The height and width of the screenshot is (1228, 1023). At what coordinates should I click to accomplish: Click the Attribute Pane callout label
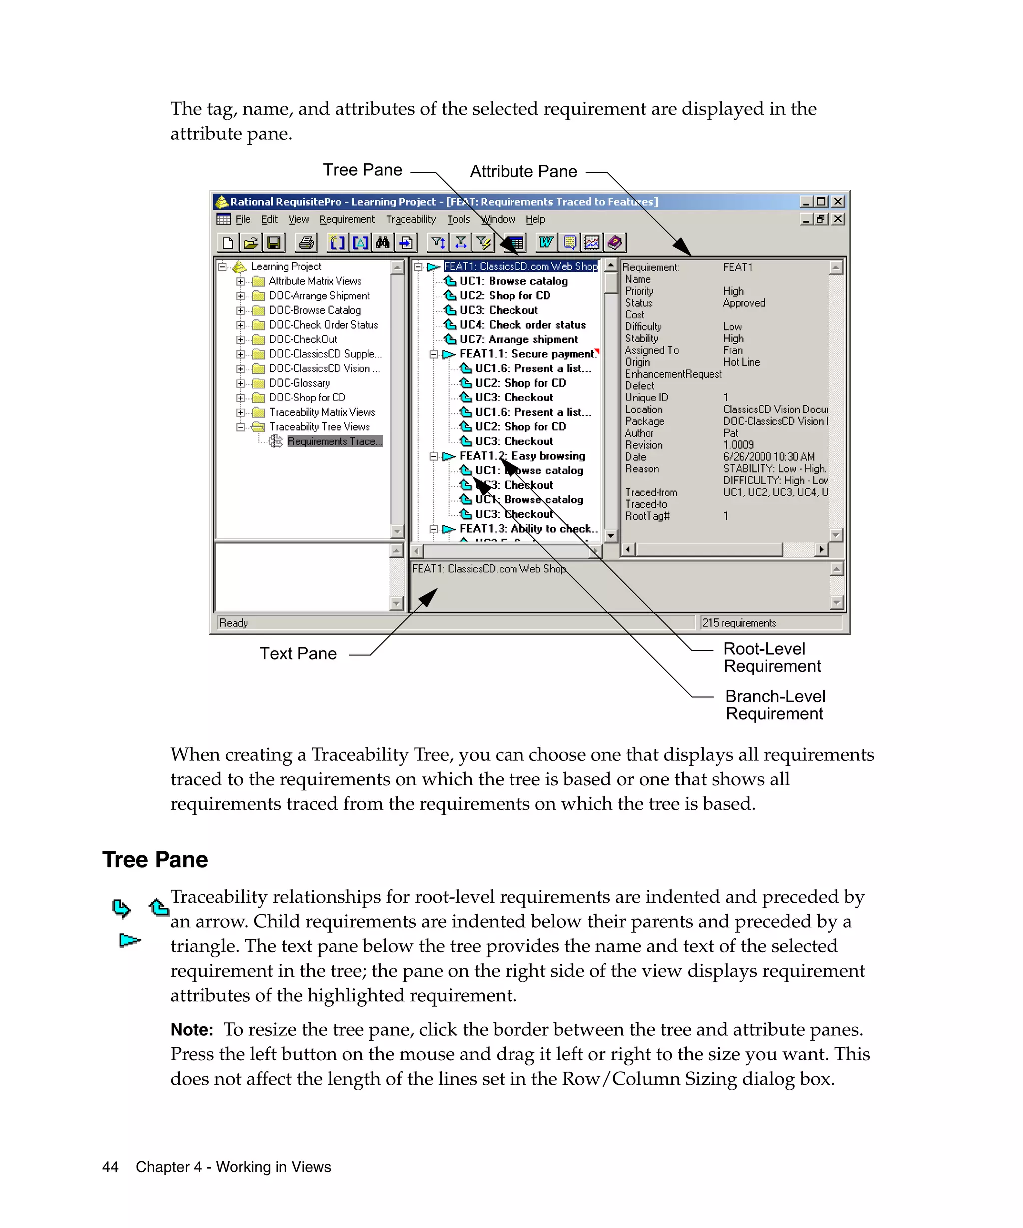pos(523,171)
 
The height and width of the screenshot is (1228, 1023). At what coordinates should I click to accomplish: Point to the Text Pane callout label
pos(298,654)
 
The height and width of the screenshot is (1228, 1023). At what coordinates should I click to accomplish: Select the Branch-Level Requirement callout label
pos(775,705)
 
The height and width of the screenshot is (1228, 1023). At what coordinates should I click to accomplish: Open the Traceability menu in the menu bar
pos(411,219)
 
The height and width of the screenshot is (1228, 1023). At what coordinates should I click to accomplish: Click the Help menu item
pos(535,219)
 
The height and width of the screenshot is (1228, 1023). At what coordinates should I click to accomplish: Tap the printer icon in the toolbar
pos(306,243)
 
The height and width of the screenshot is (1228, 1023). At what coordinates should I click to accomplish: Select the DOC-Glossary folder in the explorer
pos(299,383)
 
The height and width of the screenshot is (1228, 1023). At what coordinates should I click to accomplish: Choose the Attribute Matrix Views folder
pos(315,281)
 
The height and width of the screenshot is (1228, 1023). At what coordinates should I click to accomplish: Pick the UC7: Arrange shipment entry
pos(518,339)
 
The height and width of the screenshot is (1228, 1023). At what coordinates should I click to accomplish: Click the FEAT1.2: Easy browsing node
pos(521,456)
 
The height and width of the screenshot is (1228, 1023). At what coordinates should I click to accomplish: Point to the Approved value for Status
pos(744,303)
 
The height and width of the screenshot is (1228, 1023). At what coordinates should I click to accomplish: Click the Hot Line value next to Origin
pos(741,362)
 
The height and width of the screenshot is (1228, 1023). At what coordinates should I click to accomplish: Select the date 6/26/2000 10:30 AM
pos(768,457)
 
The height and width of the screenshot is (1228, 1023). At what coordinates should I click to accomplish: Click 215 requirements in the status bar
pos(739,623)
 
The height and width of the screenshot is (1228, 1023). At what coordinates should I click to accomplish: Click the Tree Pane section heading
pos(155,860)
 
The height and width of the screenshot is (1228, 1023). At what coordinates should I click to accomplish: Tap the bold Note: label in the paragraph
pos(192,1030)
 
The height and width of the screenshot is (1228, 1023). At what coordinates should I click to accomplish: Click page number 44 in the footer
pos(110,1167)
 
